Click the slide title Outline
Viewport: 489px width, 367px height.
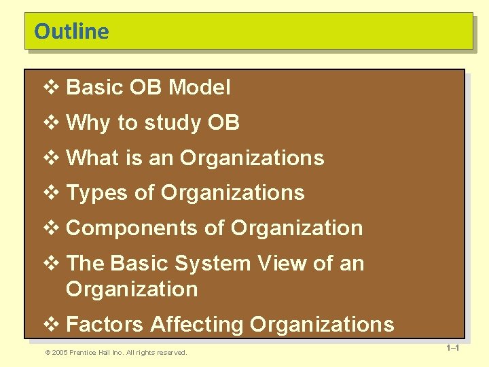(x=71, y=32)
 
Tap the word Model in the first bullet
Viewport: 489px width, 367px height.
(x=200, y=88)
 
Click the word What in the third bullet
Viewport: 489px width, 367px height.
(x=93, y=158)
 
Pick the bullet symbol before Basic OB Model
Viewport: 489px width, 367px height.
(x=52, y=88)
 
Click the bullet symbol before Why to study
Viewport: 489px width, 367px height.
(x=52, y=123)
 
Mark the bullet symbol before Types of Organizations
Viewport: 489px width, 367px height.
(x=52, y=193)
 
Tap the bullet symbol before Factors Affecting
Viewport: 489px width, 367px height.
(x=52, y=324)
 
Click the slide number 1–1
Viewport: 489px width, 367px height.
(x=453, y=349)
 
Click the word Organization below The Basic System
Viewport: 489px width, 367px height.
(x=132, y=289)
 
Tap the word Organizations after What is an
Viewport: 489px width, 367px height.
(x=252, y=158)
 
